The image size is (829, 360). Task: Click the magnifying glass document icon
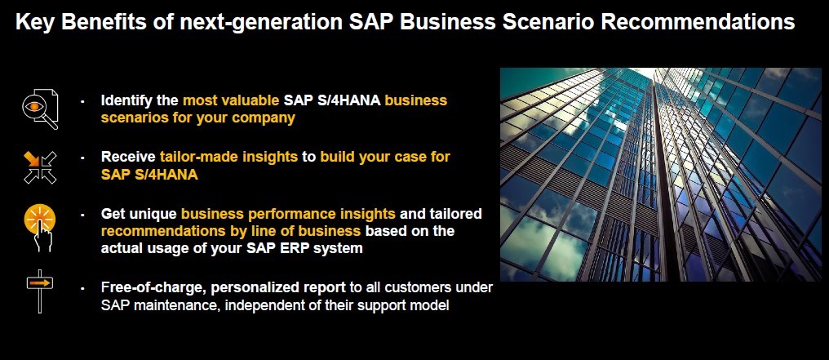(x=40, y=109)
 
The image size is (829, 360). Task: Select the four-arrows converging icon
(x=40, y=167)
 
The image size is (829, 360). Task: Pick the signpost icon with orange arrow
(x=40, y=291)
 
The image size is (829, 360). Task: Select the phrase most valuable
(x=231, y=100)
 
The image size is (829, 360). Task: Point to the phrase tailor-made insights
(x=229, y=157)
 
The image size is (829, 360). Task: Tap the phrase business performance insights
(x=288, y=214)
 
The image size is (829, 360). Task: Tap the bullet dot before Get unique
(x=82, y=215)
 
